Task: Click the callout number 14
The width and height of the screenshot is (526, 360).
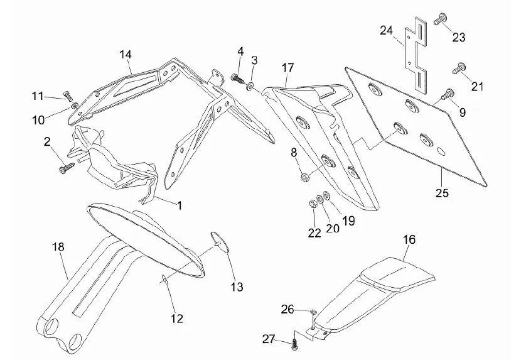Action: (x=126, y=54)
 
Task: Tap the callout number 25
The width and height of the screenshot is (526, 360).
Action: (x=442, y=193)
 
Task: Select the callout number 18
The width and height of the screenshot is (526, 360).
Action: (x=58, y=247)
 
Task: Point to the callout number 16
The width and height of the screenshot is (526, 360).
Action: (x=409, y=240)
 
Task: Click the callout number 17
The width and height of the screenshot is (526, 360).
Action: (x=287, y=67)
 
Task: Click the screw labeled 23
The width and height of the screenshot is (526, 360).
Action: (x=439, y=21)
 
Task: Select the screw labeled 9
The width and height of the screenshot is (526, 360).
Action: (x=448, y=95)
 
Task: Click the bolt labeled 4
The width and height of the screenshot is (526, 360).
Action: (x=237, y=78)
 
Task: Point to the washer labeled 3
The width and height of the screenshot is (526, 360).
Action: (x=251, y=85)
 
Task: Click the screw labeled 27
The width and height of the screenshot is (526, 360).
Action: (x=294, y=342)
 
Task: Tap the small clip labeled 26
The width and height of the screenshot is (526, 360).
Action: (x=313, y=312)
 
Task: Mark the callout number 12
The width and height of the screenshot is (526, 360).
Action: (x=177, y=319)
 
